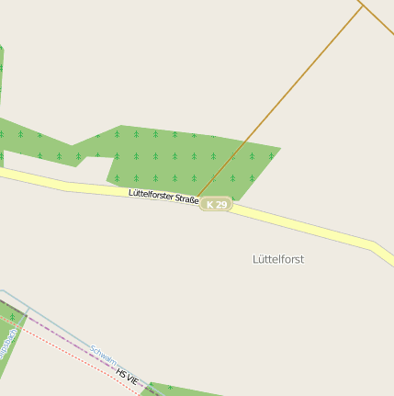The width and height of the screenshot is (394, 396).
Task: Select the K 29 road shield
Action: coord(217,205)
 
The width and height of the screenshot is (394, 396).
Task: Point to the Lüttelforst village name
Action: coord(277,259)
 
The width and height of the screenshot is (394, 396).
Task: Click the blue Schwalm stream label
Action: coord(102,355)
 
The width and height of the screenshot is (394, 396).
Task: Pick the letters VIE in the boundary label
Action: coord(133,379)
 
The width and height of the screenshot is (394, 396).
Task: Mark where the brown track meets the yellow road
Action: coord(198,196)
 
